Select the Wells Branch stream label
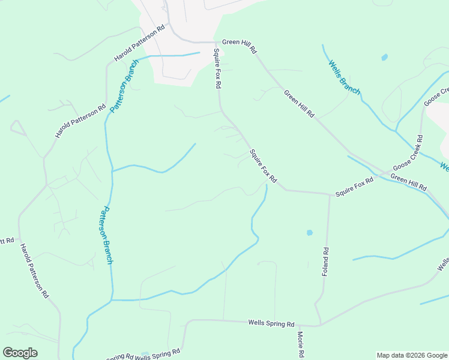click(x=343, y=77)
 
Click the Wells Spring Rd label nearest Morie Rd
click(x=271, y=323)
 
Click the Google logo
click(x=20, y=353)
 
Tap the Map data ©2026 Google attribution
click(x=411, y=355)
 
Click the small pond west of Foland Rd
click(x=310, y=232)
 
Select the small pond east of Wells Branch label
click(x=384, y=58)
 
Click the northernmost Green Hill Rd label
click(x=239, y=42)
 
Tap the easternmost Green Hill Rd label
click(x=409, y=182)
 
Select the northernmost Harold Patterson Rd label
click(x=139, y=43)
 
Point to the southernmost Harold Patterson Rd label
click(x=34, y=271)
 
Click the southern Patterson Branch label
click(x=106, y=235)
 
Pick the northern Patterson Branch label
click(x=124, y=86)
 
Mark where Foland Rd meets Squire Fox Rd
click(x=330, y=194)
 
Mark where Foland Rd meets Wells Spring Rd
click(x=319, y=325)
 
